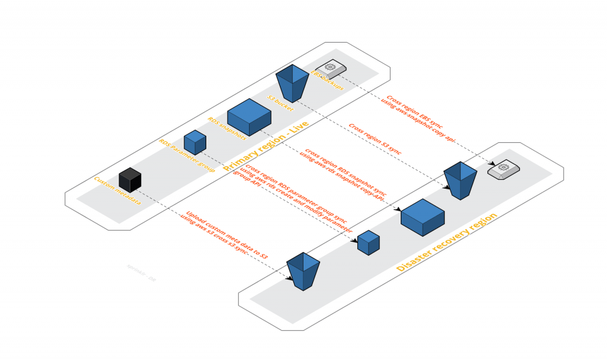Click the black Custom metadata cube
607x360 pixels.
click(130, 180)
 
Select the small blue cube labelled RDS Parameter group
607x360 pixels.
click(194, 142)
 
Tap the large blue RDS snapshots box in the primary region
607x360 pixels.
click(249, 116)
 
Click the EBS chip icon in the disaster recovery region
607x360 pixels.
click(503, 170)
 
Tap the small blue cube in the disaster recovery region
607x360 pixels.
click(368, 243)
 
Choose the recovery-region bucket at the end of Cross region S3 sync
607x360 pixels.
click(461, 180)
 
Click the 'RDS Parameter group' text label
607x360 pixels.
click(186, 155)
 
